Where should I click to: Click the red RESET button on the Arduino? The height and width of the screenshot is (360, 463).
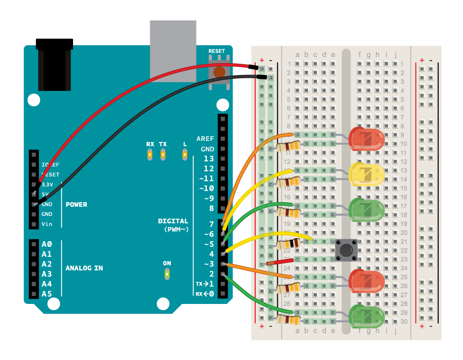click(220, 72)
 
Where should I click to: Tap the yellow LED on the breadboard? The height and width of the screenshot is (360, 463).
click(366, 174)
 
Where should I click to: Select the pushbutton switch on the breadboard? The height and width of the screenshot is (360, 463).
click(346, 250)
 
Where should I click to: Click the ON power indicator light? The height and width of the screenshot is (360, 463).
click(167, 274)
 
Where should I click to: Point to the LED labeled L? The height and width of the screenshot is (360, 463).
click(185, 154)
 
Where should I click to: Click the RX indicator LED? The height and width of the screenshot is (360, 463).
click(150, 154)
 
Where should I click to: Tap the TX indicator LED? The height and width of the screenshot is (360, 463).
click(163, 154)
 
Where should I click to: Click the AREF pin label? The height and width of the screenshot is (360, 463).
click(205, 139)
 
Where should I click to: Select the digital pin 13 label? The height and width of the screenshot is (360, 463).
click(208, 159)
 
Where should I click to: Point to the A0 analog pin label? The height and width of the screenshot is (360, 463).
click(47, 244)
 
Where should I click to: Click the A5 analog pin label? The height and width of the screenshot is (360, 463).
click(47, 294)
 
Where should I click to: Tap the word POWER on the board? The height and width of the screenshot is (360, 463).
click(76, 205)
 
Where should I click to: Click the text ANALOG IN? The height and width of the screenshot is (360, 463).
click(84, 268)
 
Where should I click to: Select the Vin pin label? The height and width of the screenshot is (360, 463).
click(47, 224)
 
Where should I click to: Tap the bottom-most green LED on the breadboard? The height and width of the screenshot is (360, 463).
click(366, 316)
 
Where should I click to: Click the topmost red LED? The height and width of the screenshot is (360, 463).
click(366, 139)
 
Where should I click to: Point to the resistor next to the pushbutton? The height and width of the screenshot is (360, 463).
click(289, 244)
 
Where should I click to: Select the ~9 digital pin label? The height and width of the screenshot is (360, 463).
click(208, 199)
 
